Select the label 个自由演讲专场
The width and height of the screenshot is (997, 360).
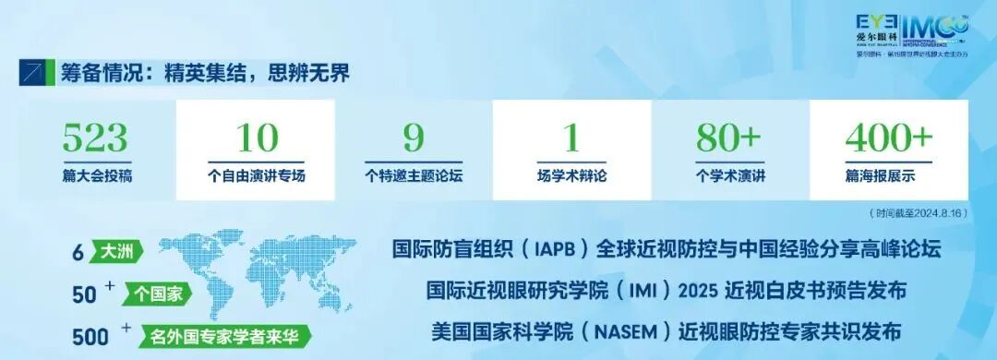255,175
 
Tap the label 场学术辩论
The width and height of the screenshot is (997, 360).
571,175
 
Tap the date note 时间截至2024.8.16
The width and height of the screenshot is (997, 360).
917,213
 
